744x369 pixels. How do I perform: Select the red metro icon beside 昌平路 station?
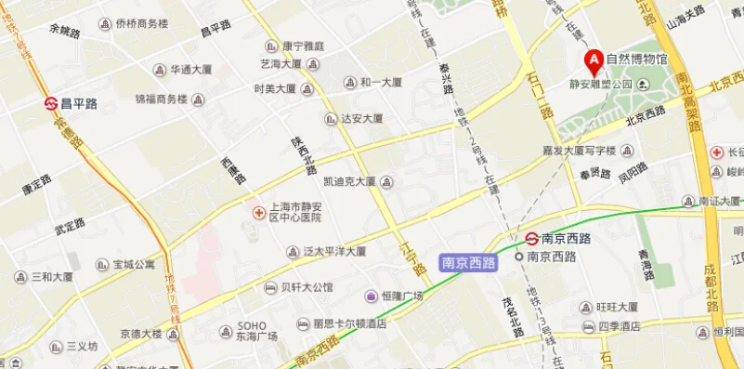[x=51, y=103]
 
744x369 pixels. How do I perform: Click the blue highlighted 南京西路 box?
[x=468, y=263]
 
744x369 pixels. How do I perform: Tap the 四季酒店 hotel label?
[x=619, y=326]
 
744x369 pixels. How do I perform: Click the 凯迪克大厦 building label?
[x=349, y=181]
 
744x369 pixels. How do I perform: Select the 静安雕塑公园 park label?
[x=600, y=85]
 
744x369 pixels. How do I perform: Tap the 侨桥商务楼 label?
[x=141, y=24]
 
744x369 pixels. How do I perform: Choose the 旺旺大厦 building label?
[x=617, y=307]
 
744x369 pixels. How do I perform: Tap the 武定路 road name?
[x=70, y=225]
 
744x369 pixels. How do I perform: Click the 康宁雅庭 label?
[x=303, y=46]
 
